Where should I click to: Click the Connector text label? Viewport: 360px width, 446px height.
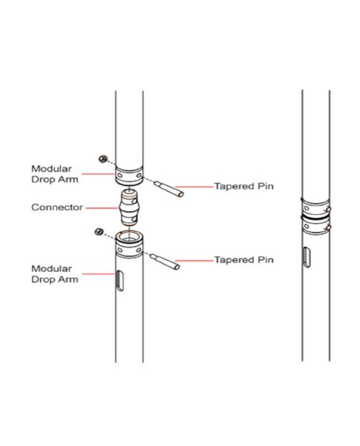tap(57, 207)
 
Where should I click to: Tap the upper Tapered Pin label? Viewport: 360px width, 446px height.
tap(244, 187)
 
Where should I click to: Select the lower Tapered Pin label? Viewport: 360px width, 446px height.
tap(244, 260)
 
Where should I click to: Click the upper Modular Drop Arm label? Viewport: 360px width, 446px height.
tap(54, 174)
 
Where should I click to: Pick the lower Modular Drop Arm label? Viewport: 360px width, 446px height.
tap(54, 274)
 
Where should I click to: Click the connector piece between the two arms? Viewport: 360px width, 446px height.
tap(129, 208)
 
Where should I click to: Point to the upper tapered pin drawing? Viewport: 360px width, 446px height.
tap(169, 189)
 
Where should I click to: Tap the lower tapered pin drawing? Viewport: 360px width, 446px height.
tap(165, 262)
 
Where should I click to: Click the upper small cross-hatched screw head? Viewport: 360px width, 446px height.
tap(103, 159)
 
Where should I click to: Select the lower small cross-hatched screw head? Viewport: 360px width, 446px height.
tap(99, 231)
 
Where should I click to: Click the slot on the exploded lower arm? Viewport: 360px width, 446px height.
tap(120, 281)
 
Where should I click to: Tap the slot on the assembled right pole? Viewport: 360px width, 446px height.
tap(306, 257)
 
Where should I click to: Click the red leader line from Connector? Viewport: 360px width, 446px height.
tap(102, 208)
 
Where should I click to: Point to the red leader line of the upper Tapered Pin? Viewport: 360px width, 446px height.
tap(194, 187)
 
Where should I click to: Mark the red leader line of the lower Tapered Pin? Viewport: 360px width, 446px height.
tap(194, 261)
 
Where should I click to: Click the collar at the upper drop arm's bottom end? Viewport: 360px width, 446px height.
tap(129, 176)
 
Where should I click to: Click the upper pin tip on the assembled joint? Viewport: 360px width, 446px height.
tap(328, 209)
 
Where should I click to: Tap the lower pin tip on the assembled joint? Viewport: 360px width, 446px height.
tap(328, 227)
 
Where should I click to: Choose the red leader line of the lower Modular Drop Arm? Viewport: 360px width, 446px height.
tap(98, 274)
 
